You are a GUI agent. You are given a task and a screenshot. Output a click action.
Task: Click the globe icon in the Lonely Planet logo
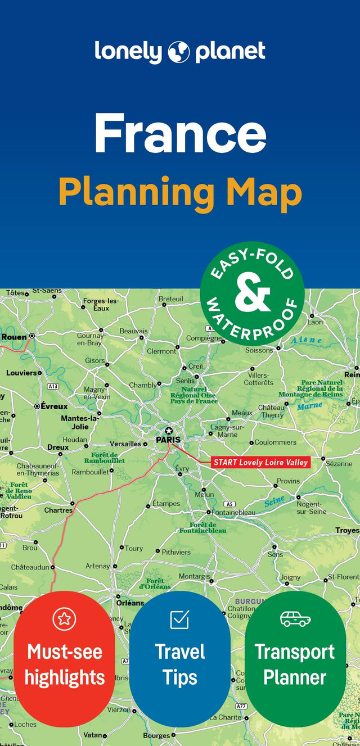179,52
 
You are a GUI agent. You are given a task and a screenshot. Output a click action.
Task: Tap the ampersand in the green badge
253,293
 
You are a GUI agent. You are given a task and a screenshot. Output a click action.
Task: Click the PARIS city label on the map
168,440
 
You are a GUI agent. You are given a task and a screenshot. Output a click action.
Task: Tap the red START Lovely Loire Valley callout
261,462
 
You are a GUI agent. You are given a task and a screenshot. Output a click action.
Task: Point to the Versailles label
125,444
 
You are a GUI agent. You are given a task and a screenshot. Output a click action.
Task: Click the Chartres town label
58,510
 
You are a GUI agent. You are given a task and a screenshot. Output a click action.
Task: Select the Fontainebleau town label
233,512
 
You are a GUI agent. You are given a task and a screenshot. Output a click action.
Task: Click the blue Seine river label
274,500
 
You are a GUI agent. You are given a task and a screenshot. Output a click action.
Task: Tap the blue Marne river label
309,405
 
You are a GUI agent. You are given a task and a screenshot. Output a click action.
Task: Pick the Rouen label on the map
14,337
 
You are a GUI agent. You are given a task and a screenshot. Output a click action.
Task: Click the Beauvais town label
133,331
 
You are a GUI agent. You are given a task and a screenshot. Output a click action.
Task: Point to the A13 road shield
53,386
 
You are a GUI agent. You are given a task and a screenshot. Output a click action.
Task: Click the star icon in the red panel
64,619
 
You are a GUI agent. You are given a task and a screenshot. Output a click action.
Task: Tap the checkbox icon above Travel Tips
179,619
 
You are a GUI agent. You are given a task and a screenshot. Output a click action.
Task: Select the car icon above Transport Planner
295,619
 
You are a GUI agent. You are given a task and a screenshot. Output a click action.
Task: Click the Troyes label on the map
346,530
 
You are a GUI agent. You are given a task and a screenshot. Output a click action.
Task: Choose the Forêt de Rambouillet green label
105,458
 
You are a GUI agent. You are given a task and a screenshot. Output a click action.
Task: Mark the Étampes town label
166,504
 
